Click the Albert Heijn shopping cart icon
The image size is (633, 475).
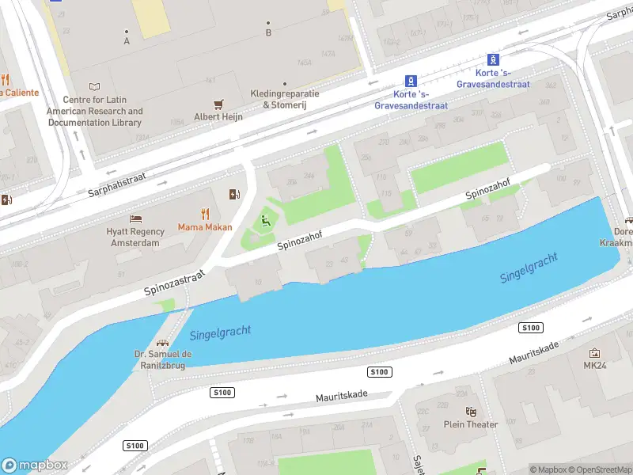pos(219,104)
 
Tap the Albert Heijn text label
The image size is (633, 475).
pos(218,117)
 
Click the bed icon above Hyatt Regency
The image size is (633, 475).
pos(135,218)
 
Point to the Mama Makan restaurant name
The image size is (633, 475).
pos(204,228)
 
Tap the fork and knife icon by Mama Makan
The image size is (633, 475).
pos(205,213)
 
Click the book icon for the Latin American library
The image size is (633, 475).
pos(95,87)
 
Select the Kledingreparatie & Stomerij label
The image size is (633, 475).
pos(285,99)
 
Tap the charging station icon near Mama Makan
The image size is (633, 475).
pos(234,194)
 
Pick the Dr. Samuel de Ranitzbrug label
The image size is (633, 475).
pos(163,360)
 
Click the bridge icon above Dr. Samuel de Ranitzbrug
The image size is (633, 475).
pos(163,344)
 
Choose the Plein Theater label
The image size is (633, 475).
pos(471,424)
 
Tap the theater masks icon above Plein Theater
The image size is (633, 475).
pos(471,411)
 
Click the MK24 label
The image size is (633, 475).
pos(594,366)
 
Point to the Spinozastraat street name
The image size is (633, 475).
pos(175,283)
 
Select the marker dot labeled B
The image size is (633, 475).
pos(268,23)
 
